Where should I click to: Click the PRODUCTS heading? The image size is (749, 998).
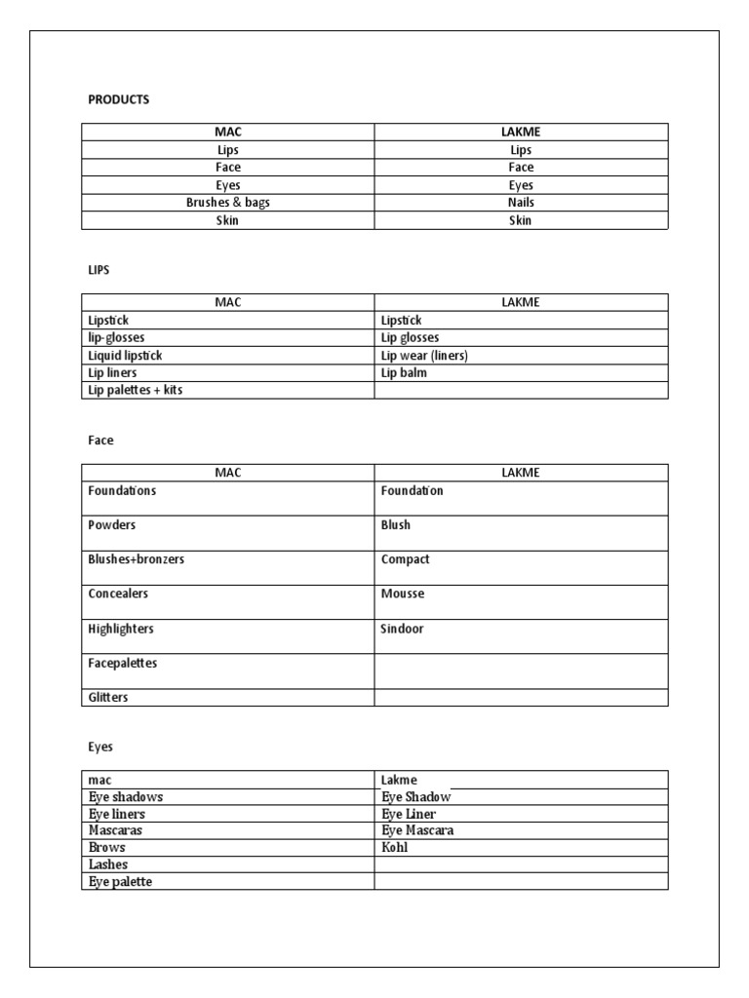118,99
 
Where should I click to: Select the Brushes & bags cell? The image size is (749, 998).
227,203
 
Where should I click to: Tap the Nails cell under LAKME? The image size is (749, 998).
521,203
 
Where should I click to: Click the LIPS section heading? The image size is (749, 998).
99,270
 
